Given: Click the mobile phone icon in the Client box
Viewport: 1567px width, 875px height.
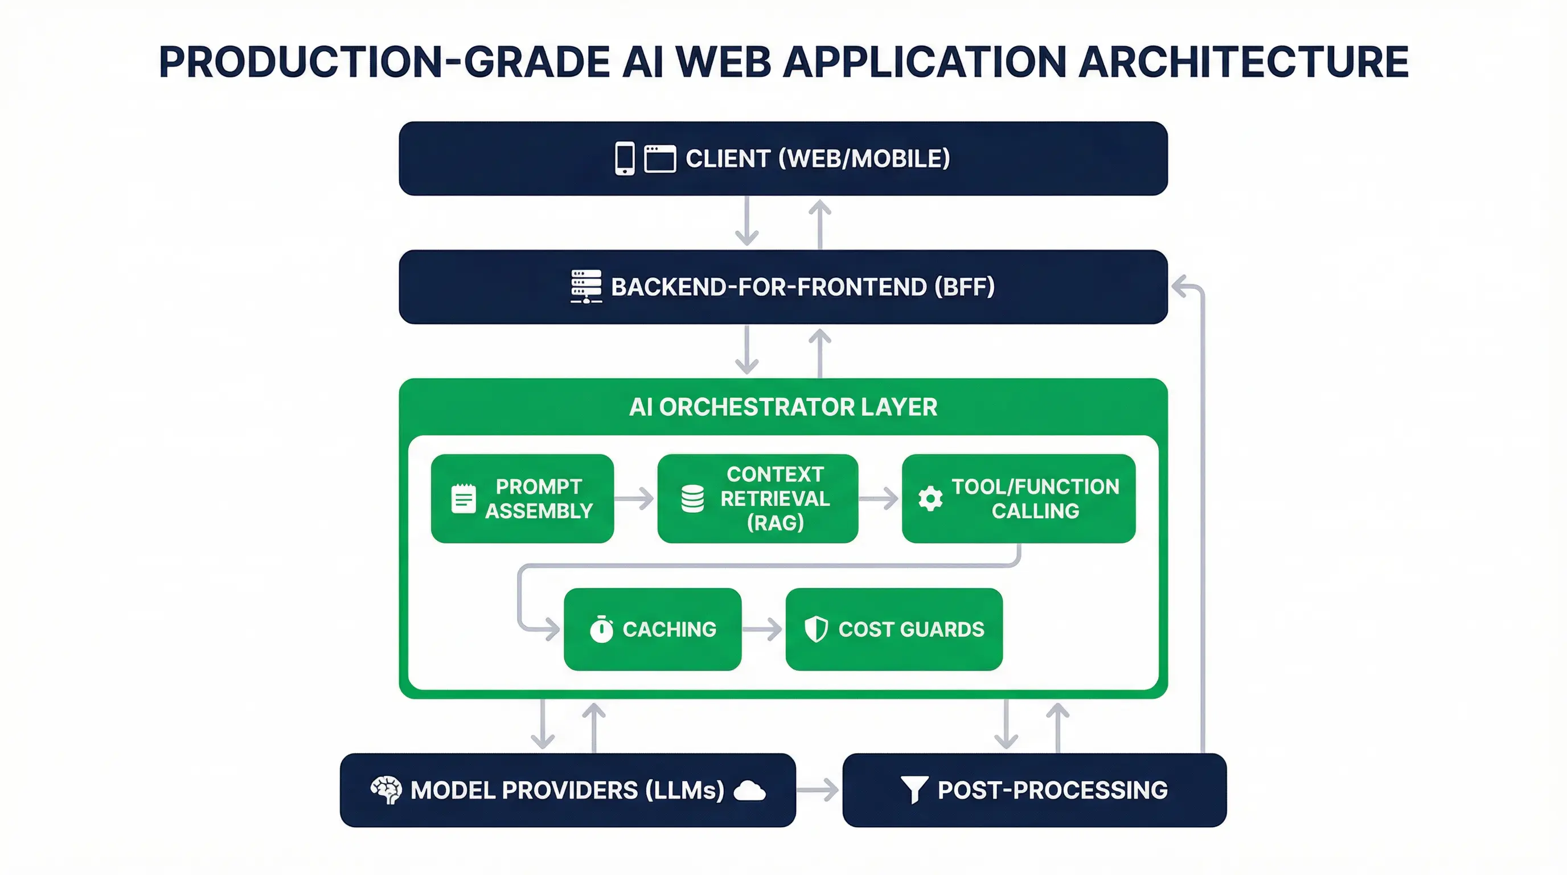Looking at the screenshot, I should coord(624,159).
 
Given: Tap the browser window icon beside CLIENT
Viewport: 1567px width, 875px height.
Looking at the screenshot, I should coord(659,159).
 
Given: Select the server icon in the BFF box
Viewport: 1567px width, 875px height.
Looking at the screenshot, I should coord(586,287).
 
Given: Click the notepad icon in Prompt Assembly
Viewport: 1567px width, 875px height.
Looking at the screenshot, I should coord(463,499).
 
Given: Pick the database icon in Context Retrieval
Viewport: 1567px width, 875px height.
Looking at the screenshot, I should coord(692,499).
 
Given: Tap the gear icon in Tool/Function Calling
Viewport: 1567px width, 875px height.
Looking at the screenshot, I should coord(930,499).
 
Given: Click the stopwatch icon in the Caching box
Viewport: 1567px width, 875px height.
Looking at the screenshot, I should coord(601,629).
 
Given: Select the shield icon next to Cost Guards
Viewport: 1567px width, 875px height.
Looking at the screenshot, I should coord(816,629).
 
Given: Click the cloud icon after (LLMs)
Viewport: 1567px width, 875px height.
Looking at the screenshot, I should coord(749,791).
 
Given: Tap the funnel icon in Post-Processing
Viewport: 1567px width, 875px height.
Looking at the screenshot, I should coord(914,790).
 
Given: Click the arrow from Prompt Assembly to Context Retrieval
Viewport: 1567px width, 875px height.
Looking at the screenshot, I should coord(634,499).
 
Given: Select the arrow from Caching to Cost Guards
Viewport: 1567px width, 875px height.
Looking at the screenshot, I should coord(762,629).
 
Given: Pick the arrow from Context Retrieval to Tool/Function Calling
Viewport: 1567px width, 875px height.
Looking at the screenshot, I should coord(879,499).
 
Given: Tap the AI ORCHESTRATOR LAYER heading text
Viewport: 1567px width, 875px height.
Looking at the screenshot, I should coord(783,407).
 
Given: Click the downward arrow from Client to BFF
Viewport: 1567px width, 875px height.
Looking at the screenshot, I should coord(746,222).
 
